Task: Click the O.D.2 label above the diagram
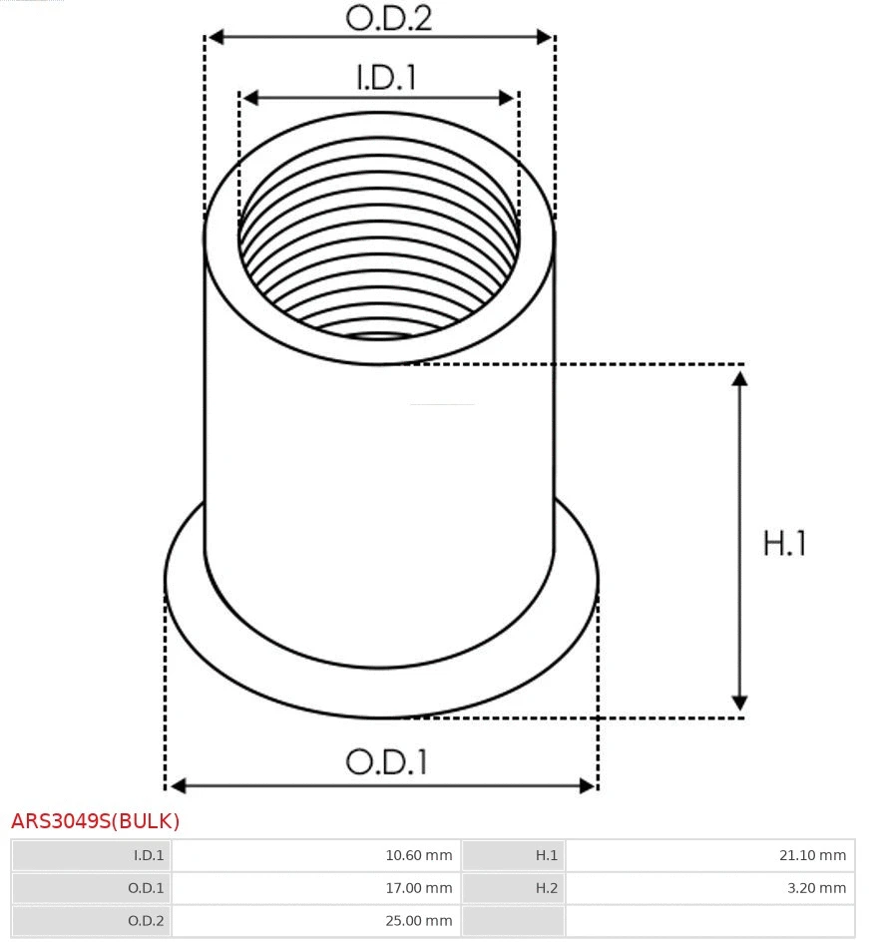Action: tap(388, 18)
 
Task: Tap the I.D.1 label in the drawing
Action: tap(386, 79)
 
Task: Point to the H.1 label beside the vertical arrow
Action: tap(784, 544)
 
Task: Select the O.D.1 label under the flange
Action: tap(386, 762)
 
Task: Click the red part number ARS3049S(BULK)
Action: tap(96, 821)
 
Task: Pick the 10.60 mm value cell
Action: tap(419, 855)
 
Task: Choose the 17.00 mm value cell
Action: tap(419, 888)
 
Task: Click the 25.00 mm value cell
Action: tap(419, 921)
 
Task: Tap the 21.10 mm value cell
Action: tap(812, 855)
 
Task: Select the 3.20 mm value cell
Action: tap(816, 888)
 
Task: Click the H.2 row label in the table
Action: tap(546, 888)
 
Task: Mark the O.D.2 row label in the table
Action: tap(146, 921)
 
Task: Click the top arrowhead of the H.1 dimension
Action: tap(739, 378)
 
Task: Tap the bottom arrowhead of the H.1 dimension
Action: tap(739, 703)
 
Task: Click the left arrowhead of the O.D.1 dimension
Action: tap(177, 786)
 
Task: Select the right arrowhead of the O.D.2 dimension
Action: tap(545, 37)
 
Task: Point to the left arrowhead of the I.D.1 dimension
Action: tap(250, 98)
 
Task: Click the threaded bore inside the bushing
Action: tap(379, 259)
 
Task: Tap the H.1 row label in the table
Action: tap(546, 855)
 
